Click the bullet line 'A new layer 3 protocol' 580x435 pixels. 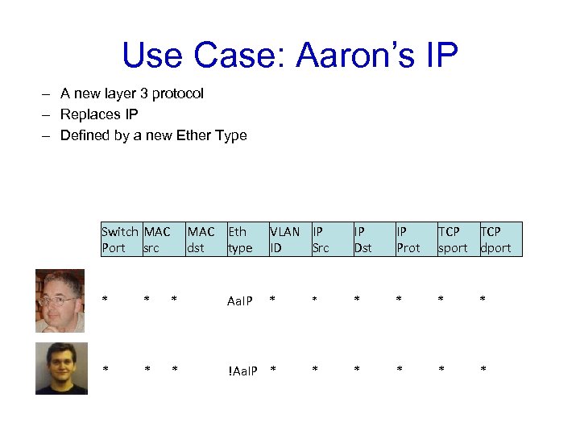coord(132,93)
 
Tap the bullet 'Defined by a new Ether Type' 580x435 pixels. coord(153,135)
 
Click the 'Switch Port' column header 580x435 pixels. coord(120,239)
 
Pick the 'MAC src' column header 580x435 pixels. coord(157,239)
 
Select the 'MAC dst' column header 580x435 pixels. coord(201,239)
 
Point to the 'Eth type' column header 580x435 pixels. coord(240,239)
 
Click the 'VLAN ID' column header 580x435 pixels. coord(284,239)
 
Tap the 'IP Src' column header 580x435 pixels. coord(321,239)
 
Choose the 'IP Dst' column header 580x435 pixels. coord(363,239)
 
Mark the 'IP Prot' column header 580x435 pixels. coord(408,239)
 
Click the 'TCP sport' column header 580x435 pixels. coord(453,239)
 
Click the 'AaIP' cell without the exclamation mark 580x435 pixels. coord(240,301)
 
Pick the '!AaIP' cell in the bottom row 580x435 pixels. coord(242,371)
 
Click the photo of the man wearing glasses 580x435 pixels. coord(60,300)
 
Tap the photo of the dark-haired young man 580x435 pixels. coord(61,368)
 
